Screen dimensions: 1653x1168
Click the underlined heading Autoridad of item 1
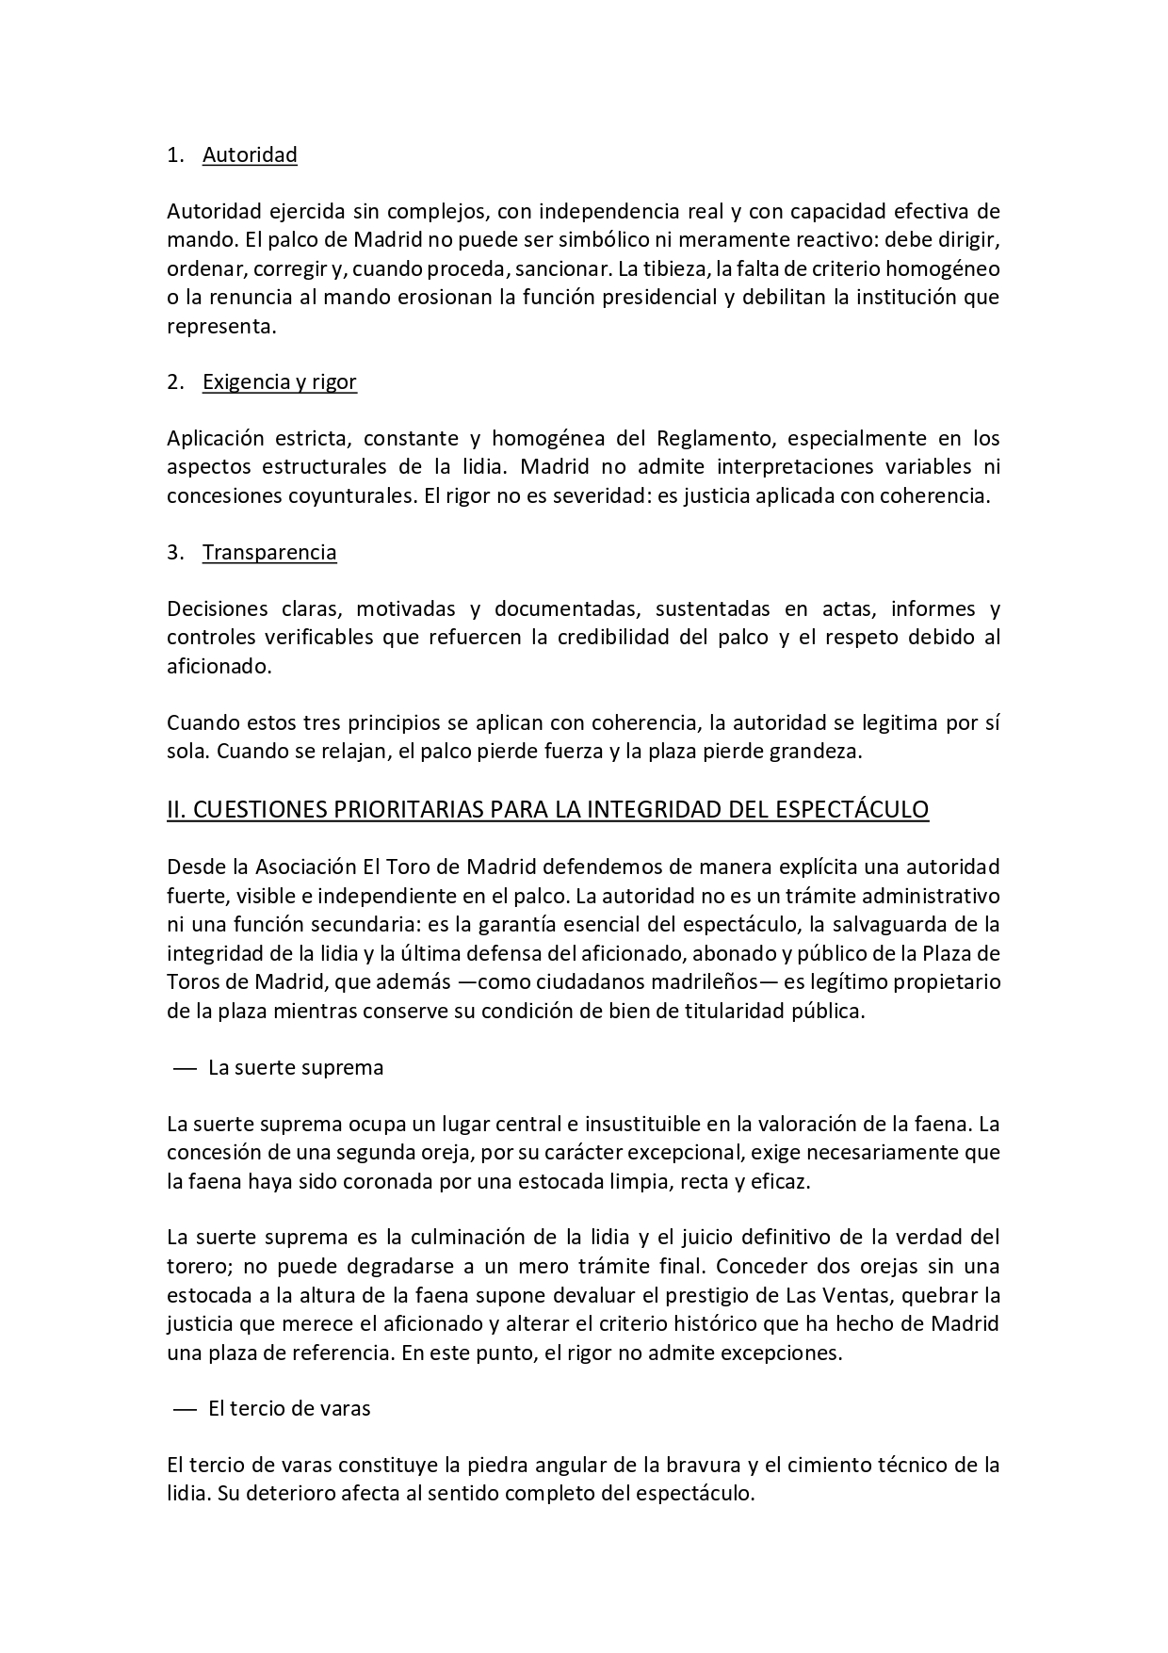(250, 154)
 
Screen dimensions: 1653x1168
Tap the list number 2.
(174, 381)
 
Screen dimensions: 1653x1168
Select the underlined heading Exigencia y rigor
(279, 381)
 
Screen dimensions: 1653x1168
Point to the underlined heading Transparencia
(269, 552)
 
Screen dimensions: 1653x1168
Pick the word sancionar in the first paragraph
(563, 268)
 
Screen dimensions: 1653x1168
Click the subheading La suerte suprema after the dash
(296, 1067)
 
